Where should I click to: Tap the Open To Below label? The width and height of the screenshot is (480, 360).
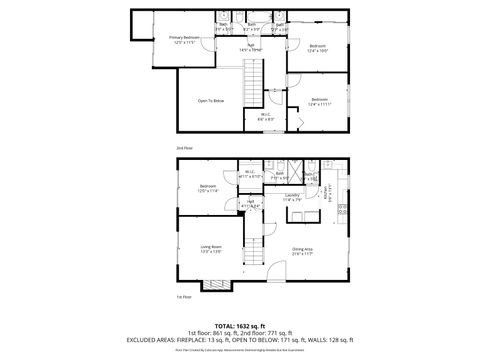pyautogui.click(x=210, y=101)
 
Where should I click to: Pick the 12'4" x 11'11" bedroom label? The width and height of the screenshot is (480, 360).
pyautogui.click(x=319, y=101)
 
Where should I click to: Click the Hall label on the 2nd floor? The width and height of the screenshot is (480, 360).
pyautogui.click(x=250, y=46)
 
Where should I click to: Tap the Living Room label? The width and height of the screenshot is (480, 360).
pyautogui.click(x=211, y=249)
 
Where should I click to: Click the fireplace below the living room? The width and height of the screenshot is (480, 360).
pyautogui.click(x=214, y=285)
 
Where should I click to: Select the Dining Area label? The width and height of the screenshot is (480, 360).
pyautogui.click(x=302, y=251)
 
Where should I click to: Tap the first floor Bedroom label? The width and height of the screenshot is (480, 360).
pyautogui.click(x=208, y=188)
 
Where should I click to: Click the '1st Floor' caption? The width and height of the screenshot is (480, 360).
pyautogui.click(x=183, y=296)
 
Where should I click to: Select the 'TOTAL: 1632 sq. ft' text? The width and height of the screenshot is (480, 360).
pyautogui.click(x=240, y=326)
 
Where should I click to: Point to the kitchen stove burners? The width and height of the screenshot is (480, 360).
pyautogui.click(x=341, y=211)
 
